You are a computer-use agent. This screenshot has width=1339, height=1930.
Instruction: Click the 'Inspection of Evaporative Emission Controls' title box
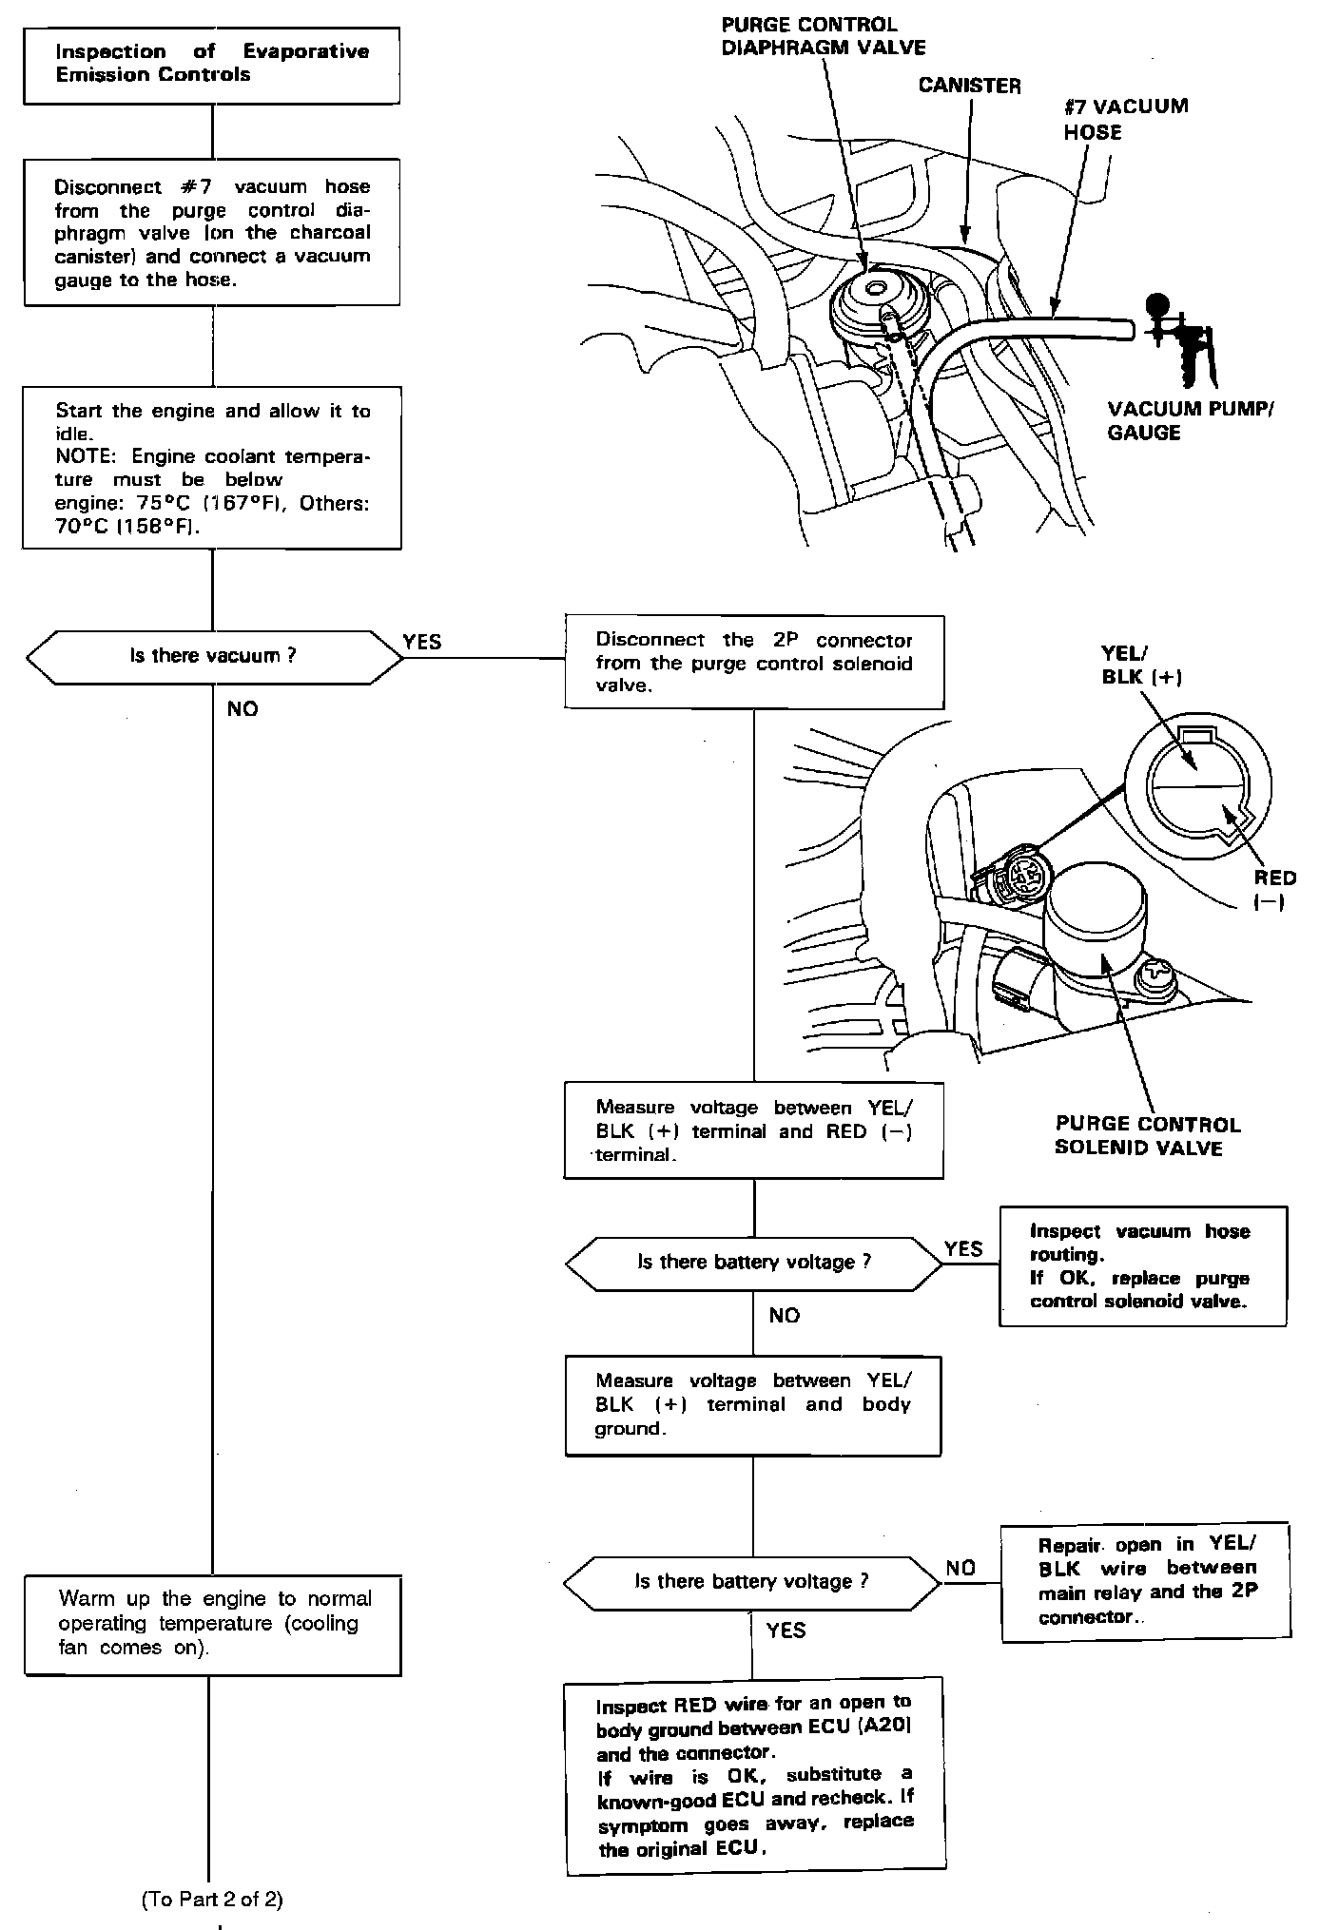tap(211, 65)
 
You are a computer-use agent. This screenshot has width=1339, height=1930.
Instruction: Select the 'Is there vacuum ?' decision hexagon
tap(213, 656)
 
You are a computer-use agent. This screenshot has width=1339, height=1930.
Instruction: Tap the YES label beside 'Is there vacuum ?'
tap(422, 642)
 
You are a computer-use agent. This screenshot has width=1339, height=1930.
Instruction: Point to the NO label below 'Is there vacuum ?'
tap(243, 709)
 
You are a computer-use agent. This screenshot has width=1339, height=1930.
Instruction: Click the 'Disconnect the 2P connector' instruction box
tap(753, 662)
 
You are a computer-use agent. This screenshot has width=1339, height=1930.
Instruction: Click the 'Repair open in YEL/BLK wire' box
tap(1146, 1582)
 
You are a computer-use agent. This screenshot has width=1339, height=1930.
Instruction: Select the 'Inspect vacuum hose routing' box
tap(1142, 1266)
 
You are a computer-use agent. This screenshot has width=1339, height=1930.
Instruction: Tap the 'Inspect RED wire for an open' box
tap(755, 1776)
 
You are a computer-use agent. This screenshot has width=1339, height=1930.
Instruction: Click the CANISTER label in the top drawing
tap(969, 86)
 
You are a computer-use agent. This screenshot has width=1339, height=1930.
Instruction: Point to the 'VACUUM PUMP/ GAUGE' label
tap(1190, 420)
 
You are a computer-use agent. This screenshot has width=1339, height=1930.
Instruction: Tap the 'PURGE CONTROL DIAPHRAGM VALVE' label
tap(823, 36)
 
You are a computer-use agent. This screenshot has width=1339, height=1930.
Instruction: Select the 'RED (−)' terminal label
tap(1274, 890)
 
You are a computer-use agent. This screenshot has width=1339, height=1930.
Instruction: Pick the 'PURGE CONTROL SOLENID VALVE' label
tap(1147, 1136)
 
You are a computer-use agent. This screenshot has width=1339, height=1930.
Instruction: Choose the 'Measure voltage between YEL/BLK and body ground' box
tap(753, 1405)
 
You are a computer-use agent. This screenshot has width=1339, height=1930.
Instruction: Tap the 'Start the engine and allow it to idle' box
tap(212, 468)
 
